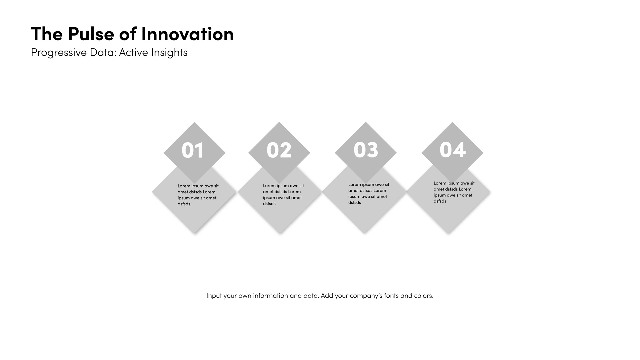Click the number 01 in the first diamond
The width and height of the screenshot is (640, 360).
(x=193, y=150)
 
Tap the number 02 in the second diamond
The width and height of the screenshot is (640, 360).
(x=279, y=150)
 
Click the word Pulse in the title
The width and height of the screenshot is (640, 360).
(x=91, y=34)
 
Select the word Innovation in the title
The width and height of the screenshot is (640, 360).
(x=187, y=34)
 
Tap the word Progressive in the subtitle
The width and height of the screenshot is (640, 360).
(x=59, y=53)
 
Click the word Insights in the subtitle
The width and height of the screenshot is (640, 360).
(x=169, y=53)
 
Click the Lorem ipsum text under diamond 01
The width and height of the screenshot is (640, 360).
(x=198, y=195)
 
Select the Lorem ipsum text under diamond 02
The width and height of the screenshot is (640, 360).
(x=283, y=195)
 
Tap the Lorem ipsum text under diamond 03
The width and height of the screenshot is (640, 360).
(x=369, y=193)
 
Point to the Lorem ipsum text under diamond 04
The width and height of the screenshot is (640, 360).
(x=454, y=192)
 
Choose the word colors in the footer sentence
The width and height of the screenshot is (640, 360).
(x=424, y=296)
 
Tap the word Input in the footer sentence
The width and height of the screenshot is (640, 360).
(x=214, y=296)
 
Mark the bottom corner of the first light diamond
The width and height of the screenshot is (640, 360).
(x=195, y=233)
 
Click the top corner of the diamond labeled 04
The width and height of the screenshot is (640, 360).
(x=452, y=122)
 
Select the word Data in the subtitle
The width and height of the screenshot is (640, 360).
(x=103, y=52)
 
